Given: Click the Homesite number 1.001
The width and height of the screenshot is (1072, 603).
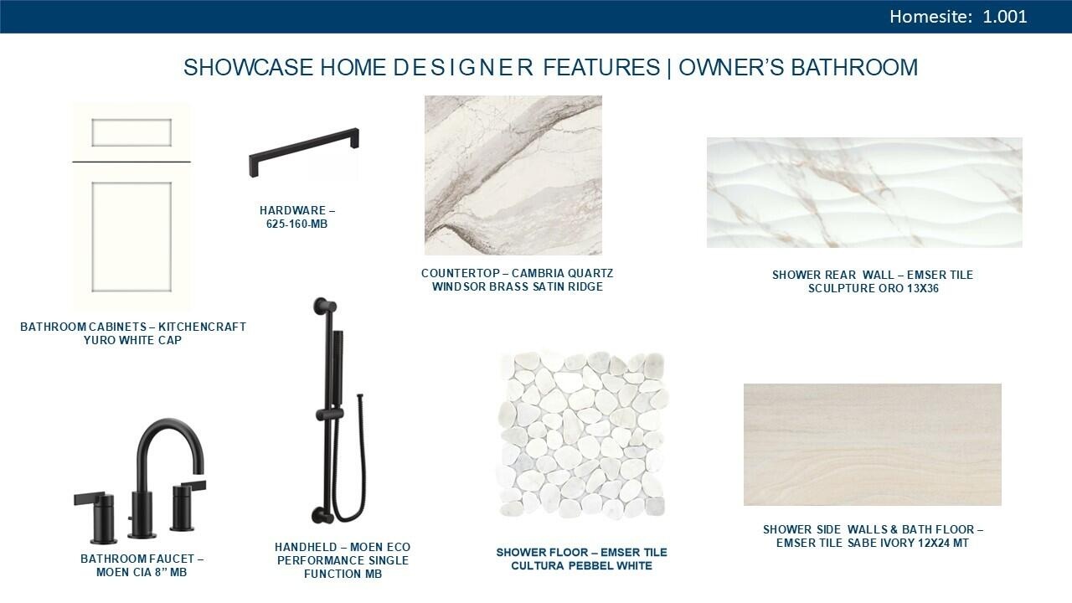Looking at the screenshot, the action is [x=1004, y=17].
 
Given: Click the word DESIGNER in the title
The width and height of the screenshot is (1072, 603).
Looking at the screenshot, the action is [x=463, y=67].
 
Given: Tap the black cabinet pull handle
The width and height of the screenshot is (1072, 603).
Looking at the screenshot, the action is [x=304, y=152].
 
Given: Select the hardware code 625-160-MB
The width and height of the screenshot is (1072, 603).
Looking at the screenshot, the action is [x=296, y=224].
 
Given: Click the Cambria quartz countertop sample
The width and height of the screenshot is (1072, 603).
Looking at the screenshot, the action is [x=513, y=175].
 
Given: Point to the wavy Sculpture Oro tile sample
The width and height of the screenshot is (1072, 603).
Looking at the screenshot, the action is [x=864, y=193].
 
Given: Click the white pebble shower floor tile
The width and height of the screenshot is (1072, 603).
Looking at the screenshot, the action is [x=581, y=436].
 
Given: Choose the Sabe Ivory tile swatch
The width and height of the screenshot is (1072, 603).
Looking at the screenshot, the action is [x=872, y=445].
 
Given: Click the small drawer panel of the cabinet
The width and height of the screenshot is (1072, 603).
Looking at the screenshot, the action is [x=131, y=132].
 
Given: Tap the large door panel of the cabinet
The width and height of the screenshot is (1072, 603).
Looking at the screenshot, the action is [x=131, y=237].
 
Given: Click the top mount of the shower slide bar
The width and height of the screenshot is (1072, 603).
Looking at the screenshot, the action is [x=326, y=305].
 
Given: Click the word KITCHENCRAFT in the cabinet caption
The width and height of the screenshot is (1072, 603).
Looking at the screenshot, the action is [x=202, y=327].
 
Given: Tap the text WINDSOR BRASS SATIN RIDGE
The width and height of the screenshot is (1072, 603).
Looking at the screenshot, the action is [x=518, y=286].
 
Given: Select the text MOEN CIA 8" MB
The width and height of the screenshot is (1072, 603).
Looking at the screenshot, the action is [x=142, y=572].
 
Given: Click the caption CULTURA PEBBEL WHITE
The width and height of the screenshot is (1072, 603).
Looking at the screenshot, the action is [x=581, y=565].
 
